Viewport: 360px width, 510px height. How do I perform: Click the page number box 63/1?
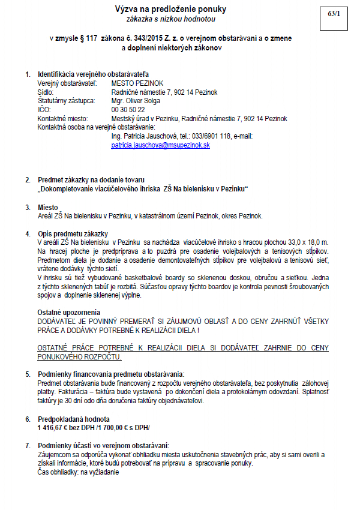pos(334,13)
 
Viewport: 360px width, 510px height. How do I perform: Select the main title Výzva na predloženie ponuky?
pos(171,9)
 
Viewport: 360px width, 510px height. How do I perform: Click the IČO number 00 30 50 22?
pos(128,110)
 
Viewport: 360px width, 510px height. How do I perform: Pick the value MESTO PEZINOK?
pos(137,83)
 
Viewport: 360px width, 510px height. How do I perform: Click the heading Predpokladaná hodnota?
pos(74,418)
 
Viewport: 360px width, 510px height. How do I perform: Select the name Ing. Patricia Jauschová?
pos(143,136)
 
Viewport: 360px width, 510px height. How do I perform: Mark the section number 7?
pos(27,445)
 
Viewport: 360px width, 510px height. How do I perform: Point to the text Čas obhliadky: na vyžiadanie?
pos(79,472)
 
